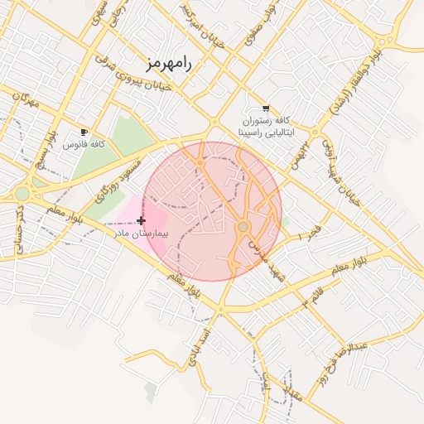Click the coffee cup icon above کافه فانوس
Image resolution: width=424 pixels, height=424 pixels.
coord(84,132)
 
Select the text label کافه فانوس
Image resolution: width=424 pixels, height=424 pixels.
coord(84,145)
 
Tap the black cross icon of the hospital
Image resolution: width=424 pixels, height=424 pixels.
coord(141,220)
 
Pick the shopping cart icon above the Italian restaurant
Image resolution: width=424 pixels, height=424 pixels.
coord(265,108)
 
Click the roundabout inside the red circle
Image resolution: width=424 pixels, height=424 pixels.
coord(243,226)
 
